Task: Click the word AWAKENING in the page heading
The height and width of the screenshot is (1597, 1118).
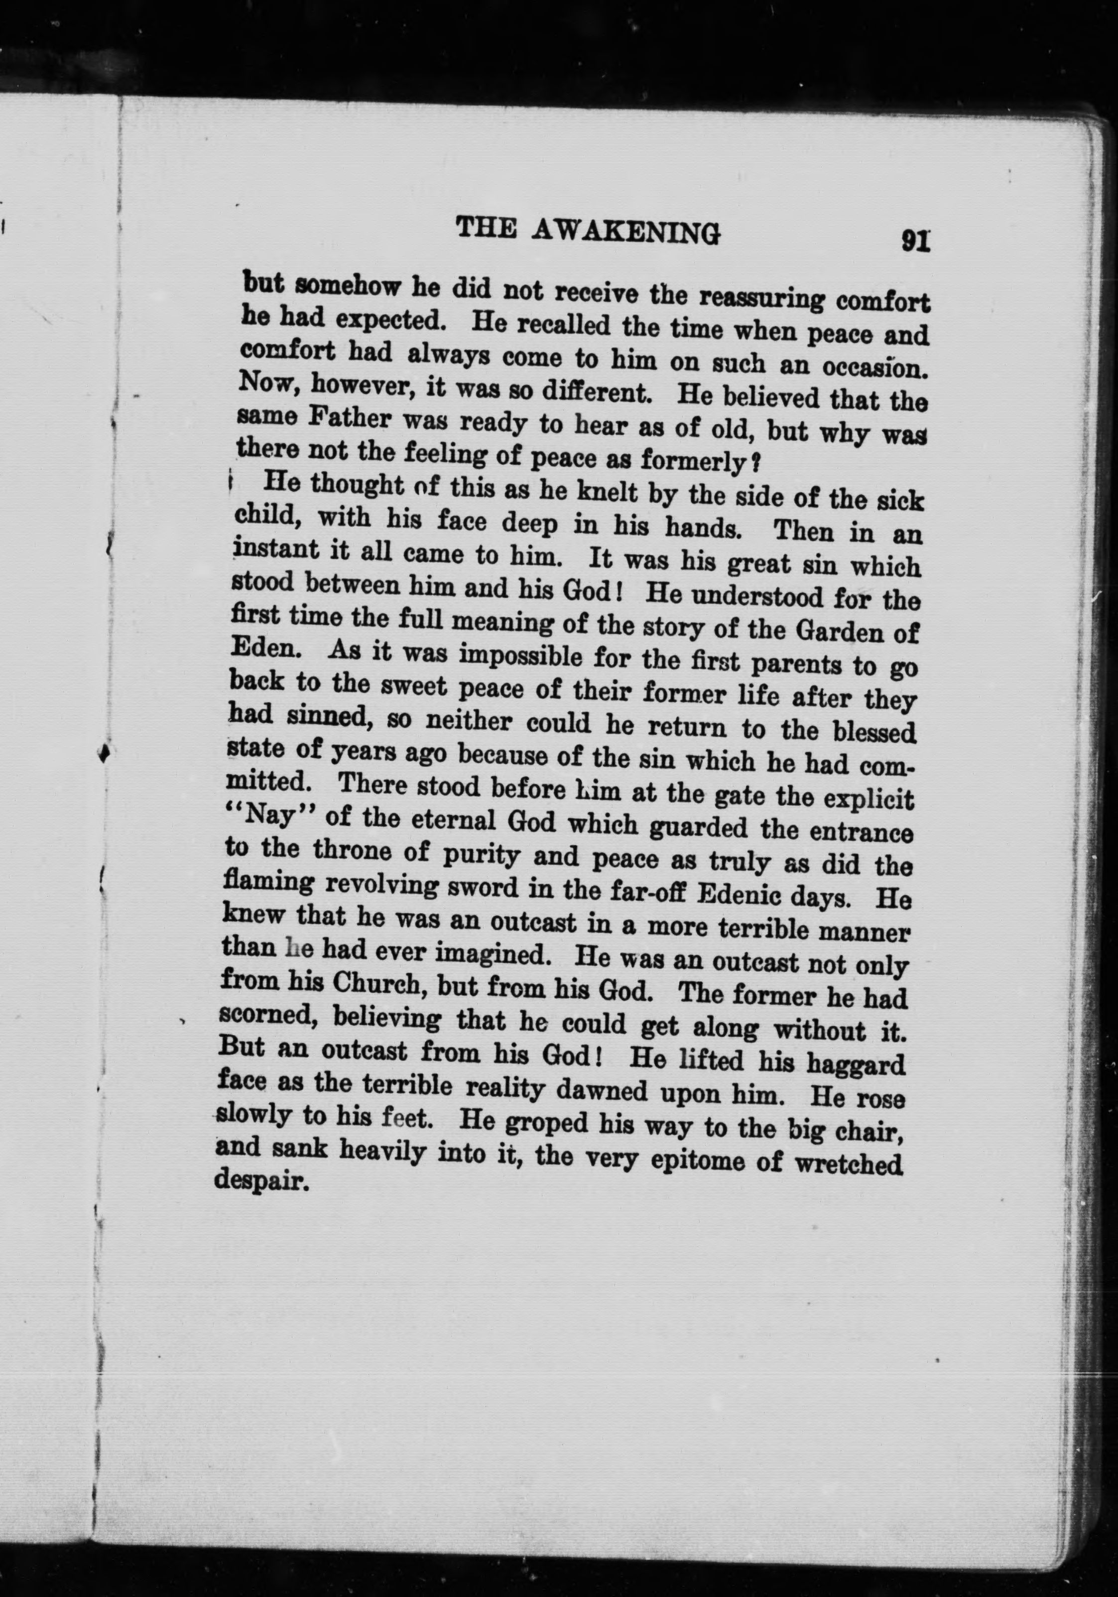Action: pyautogui.click(x=625, y=232)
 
